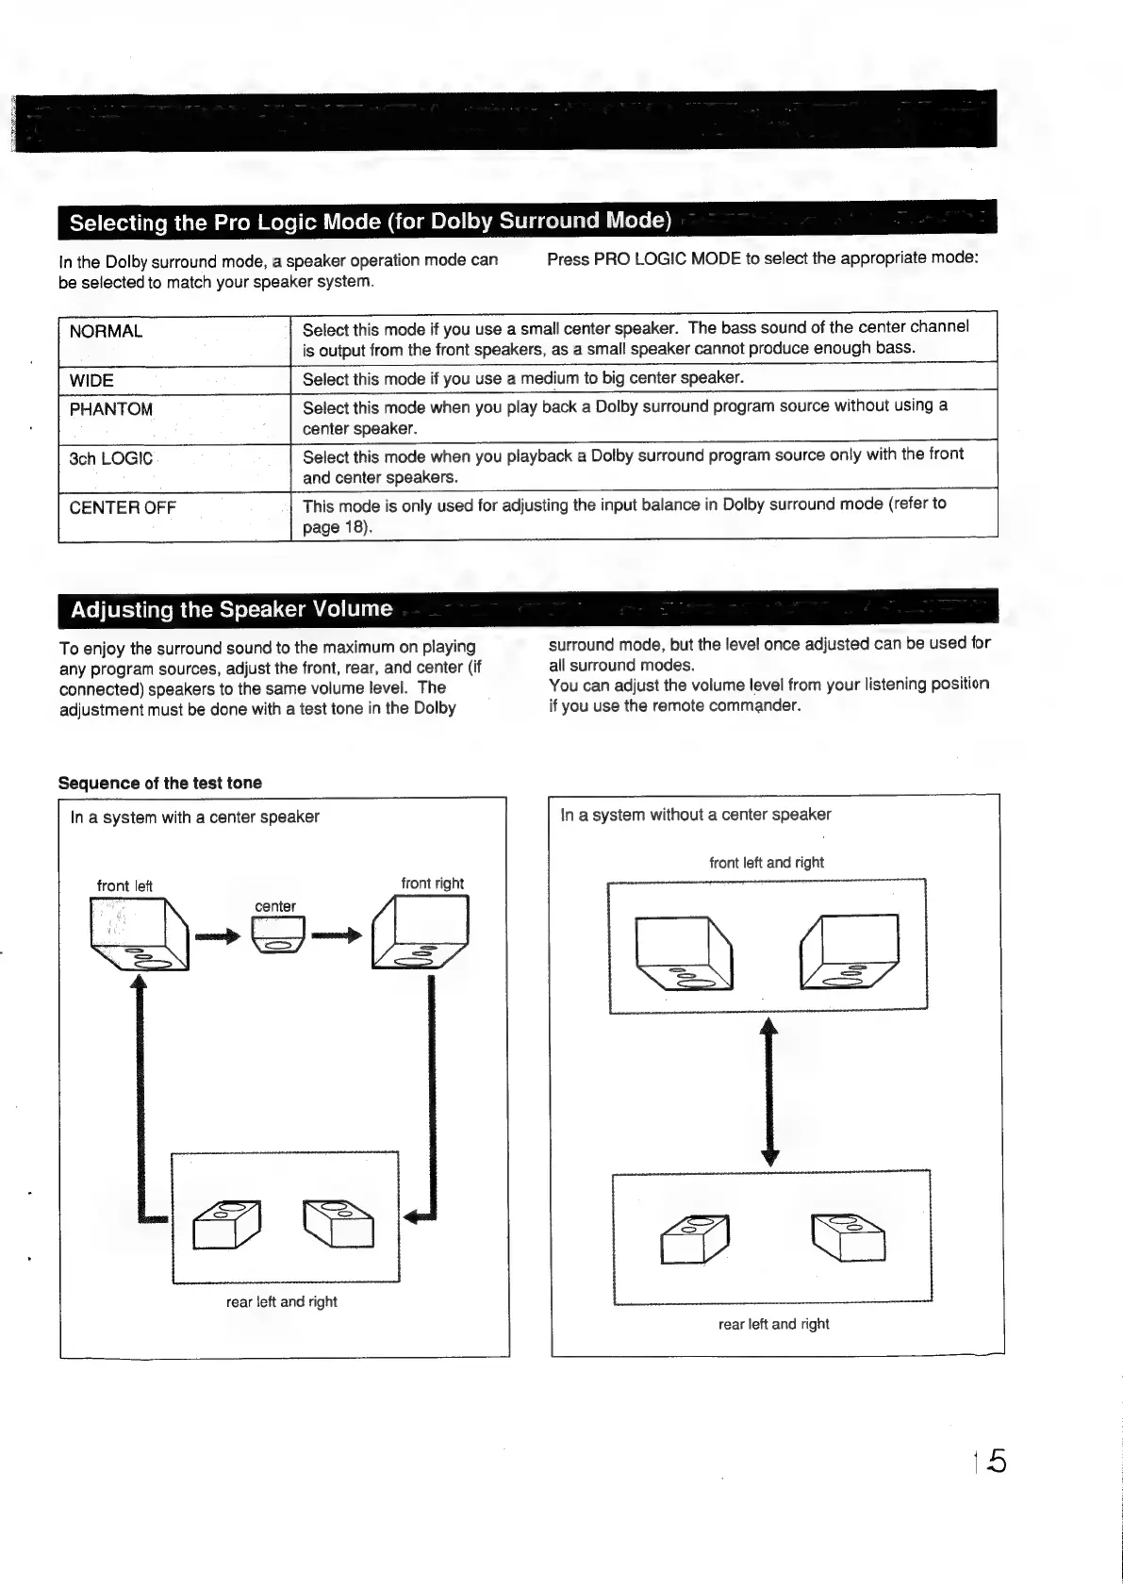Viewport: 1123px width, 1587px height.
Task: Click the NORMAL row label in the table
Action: tap(107, 332)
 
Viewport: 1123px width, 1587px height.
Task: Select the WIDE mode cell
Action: tap(92, 381)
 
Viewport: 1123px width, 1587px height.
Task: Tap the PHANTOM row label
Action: tap(111, 410)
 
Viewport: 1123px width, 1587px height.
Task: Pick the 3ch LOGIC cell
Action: tap(111, 459)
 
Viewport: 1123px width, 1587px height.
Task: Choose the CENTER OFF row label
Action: tap(123, 508)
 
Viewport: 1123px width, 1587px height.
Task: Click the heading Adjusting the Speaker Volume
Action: tap(232, 609)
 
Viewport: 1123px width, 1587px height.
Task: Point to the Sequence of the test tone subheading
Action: tap(160, 784)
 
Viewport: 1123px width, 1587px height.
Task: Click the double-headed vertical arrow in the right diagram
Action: tap(770, 1092)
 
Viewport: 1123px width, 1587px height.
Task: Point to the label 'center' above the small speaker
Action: tap(275, 907)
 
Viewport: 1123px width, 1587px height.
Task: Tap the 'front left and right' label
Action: tap(767, 863)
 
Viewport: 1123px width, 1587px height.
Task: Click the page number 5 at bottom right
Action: tap(997, 1462)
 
